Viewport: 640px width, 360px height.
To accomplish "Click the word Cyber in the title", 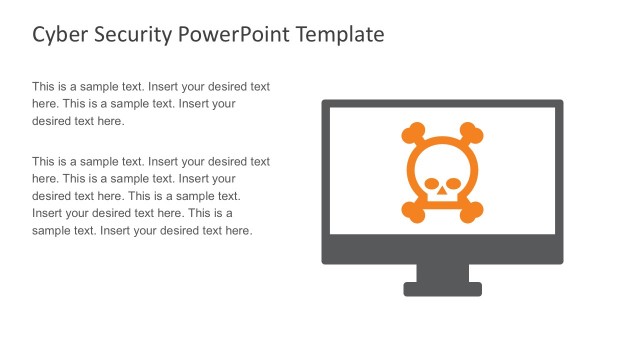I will coord(55,35).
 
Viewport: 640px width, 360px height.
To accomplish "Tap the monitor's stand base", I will coord(443,289).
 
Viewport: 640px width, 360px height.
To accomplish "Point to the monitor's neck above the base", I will coord(443,272).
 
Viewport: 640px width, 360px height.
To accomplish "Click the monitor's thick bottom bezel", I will coord(443,249).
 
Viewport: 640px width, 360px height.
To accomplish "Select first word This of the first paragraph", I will coord(44,87).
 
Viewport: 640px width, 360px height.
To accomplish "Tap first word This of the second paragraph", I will coord(44,161).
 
